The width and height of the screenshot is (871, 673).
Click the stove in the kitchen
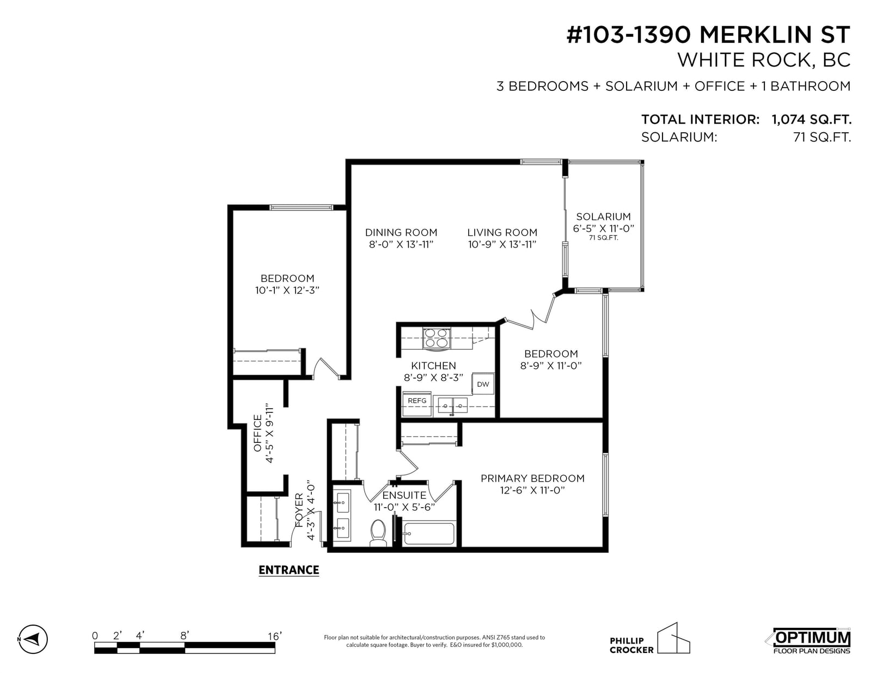436,338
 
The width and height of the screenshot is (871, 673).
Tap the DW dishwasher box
483,384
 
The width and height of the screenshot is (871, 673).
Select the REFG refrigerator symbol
417,403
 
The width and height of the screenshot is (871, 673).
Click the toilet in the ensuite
378,533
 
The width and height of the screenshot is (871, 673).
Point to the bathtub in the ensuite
430,533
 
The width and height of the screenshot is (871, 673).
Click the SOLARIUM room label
603,217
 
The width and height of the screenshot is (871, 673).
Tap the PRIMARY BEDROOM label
532,478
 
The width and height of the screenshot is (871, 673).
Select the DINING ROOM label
401,232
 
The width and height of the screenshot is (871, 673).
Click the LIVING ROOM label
502,232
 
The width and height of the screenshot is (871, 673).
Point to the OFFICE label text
257,433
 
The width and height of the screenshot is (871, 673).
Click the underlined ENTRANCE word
289,570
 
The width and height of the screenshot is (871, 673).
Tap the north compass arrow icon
33,639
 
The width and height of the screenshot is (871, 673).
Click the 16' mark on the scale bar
274,636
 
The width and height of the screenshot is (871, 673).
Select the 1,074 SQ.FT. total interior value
812,119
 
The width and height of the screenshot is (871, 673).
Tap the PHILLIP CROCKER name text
631,645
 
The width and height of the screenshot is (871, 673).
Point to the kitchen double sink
452,405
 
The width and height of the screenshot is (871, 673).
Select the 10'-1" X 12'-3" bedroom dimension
287,290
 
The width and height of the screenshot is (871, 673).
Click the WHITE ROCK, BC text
764,60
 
